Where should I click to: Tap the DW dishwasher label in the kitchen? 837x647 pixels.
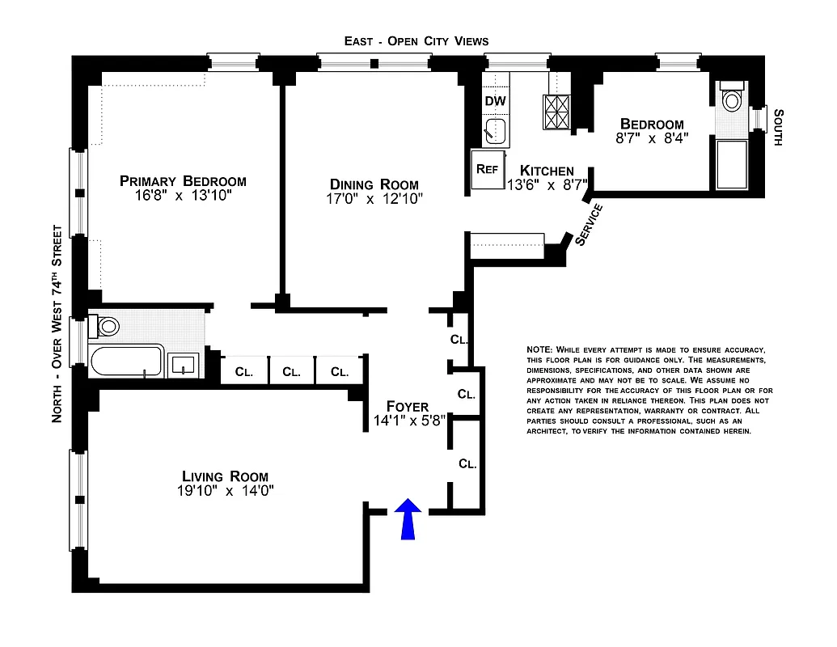coord(495,101)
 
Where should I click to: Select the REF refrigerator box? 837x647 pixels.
coord(487,170)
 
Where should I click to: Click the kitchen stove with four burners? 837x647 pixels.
coord(556,112)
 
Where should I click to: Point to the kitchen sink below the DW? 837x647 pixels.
coord(494,129)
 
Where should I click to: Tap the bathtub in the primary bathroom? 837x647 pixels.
coord(126,361)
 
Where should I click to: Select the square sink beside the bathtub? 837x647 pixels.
coord(185,364)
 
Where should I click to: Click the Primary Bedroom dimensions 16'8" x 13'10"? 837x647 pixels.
coord(183,197)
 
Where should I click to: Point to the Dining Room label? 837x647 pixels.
coord(374,184)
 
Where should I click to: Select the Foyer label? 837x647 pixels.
coord(408,406)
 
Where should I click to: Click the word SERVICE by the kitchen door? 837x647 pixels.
coord(589,224)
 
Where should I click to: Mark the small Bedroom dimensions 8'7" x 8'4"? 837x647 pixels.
coord(652,139)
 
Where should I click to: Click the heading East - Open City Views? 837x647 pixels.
coord(416,40)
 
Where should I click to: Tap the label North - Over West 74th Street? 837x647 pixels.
coord(57,323)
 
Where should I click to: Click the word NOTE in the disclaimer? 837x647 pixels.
coord(539,349)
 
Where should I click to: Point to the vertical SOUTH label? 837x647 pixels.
coord(778,127)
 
